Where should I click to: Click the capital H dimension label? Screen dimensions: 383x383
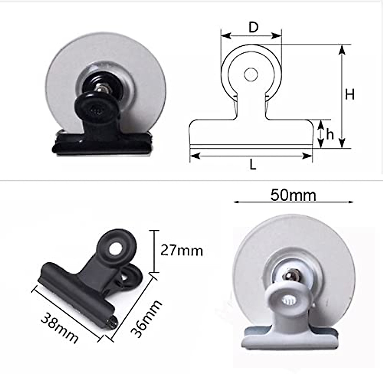click(350, 94)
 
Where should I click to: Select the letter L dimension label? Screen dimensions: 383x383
click(253, 165)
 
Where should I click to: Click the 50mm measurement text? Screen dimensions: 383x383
click(293, 195)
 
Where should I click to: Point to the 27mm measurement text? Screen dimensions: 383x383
click(181, 251)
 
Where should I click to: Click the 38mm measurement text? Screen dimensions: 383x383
click(59, 328)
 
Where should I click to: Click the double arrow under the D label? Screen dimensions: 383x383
click(251, 35)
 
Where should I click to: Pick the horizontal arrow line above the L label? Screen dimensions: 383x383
click(251, 156)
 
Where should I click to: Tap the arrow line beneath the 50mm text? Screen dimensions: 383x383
click(293, 202)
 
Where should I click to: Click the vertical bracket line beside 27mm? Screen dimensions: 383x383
click(155, 251)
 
